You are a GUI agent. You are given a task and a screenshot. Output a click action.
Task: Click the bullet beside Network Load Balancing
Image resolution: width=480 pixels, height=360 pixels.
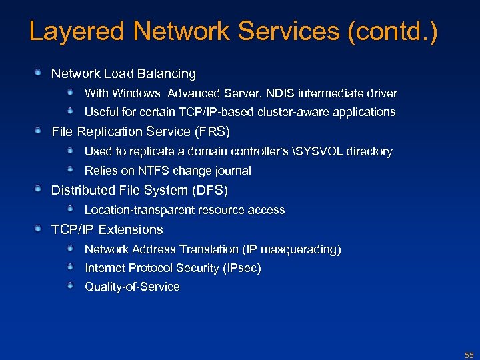click(39, 71)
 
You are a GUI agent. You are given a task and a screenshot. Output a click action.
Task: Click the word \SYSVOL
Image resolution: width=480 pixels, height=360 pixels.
click(317, 151)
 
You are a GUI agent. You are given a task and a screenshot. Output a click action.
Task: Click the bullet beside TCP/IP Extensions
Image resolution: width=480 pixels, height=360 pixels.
click(39, 228)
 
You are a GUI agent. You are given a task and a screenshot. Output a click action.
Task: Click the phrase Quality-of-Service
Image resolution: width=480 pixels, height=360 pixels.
click(132, 287)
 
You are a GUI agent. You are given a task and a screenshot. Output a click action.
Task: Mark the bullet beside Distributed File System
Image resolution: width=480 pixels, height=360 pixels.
click(39, 189)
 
